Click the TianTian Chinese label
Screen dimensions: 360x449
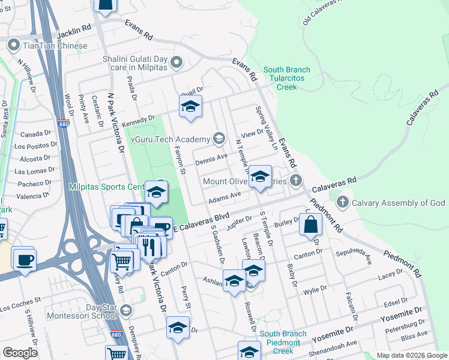(55, 46)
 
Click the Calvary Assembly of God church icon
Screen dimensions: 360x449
(343, 202)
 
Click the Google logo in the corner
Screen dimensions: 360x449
(20, 353)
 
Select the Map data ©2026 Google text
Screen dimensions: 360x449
(411, 355)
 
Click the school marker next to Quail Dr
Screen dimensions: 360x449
(190, 107)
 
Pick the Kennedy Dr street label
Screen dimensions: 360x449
(139, 121)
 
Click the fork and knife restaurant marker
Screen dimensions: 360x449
(148, 246)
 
